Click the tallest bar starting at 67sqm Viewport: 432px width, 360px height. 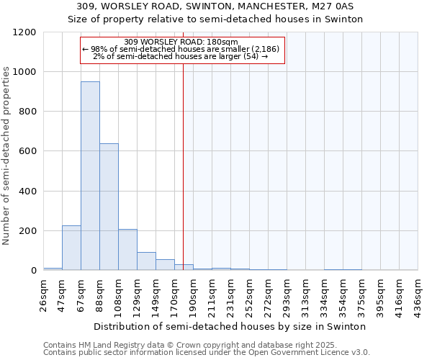coord(90,176)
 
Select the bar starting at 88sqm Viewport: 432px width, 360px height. coord(109,207)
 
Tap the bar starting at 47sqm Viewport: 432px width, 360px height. coord(71,248)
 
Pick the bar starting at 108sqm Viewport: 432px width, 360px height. coord(127,249)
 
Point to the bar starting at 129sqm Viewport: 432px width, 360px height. coord(146,261)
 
